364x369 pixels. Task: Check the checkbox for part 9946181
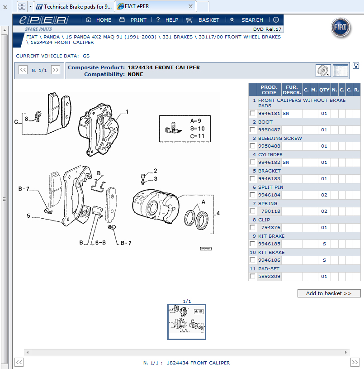(252, 114)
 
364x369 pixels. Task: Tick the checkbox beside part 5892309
(252, 277)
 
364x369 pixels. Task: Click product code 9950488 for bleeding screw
(269, 146)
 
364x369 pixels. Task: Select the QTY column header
(324, 90)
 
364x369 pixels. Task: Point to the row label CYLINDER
(270, 155)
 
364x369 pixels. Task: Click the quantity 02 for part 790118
(324, 211)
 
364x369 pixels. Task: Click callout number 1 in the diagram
(128, 111)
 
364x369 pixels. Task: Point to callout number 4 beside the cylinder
(218, 213)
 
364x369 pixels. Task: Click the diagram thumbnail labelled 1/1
(187, 322)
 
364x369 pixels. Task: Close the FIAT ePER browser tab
(190, 6)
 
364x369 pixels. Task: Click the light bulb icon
(356, 66)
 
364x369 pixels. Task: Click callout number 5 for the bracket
(28, 216)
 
